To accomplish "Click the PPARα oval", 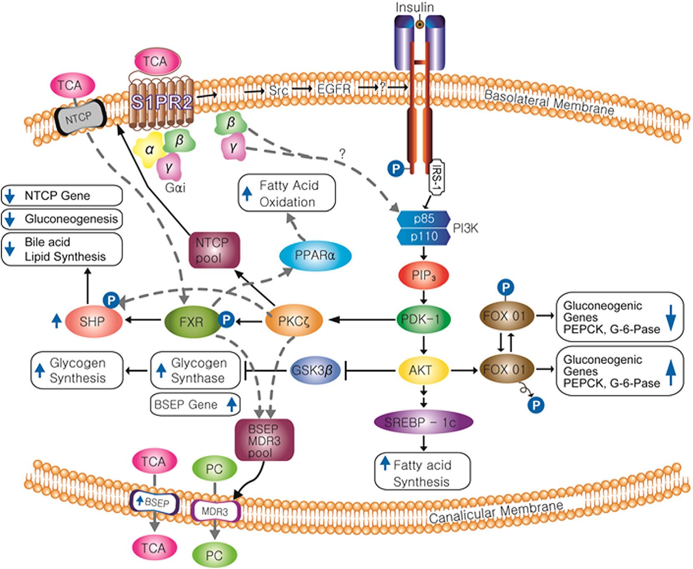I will [315, 255].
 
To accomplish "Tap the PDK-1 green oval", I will [423, 319].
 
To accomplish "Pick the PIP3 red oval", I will [424, 275].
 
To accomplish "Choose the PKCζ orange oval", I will [294, 321].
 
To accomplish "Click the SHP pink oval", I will [92, 321].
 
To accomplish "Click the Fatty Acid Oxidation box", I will [287, 193].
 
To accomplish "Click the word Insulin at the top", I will [415, 7].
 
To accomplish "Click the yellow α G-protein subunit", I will [149, 150].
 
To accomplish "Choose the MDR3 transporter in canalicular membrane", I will [215, 511].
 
